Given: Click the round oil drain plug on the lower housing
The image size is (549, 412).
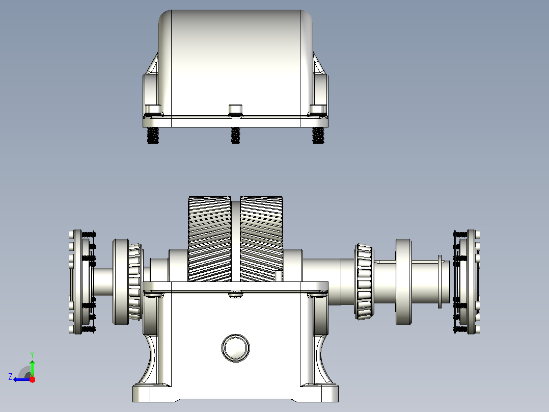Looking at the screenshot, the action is tap(236, 348).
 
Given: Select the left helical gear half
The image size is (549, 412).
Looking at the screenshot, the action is tap(210, 239).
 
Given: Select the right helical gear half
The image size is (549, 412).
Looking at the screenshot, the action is tap(261, 239).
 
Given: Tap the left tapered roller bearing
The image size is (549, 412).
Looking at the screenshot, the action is tap(135, 281).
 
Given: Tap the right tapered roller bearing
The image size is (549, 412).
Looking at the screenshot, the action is tap(364, 281).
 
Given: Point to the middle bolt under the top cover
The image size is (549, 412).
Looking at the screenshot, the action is tap(236, 135).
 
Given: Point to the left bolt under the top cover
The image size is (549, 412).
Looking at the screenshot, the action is tap(153, 135).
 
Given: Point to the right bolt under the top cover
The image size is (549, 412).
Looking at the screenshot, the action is tap(318, 135).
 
